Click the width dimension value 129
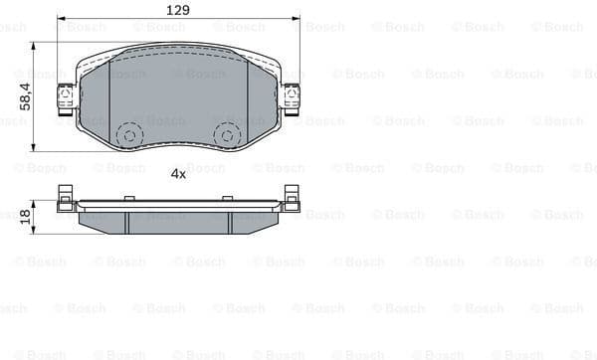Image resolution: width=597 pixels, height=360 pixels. click(178, 9)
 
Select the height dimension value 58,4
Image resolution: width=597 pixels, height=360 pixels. click(22, 96)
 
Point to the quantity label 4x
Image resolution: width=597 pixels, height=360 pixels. click(178, 173)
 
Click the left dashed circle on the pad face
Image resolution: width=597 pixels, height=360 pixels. click(129, 133)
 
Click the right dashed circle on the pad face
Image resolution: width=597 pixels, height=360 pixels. click(227, 133)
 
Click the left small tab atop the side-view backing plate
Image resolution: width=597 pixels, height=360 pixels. click(127, 198)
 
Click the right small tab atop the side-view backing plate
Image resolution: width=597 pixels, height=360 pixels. click(230, 198)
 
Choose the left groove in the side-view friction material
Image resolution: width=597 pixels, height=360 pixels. click(126, 223)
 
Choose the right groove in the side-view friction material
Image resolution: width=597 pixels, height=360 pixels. click(230, 223)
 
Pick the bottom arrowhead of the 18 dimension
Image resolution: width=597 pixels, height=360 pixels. click(34, 233)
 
